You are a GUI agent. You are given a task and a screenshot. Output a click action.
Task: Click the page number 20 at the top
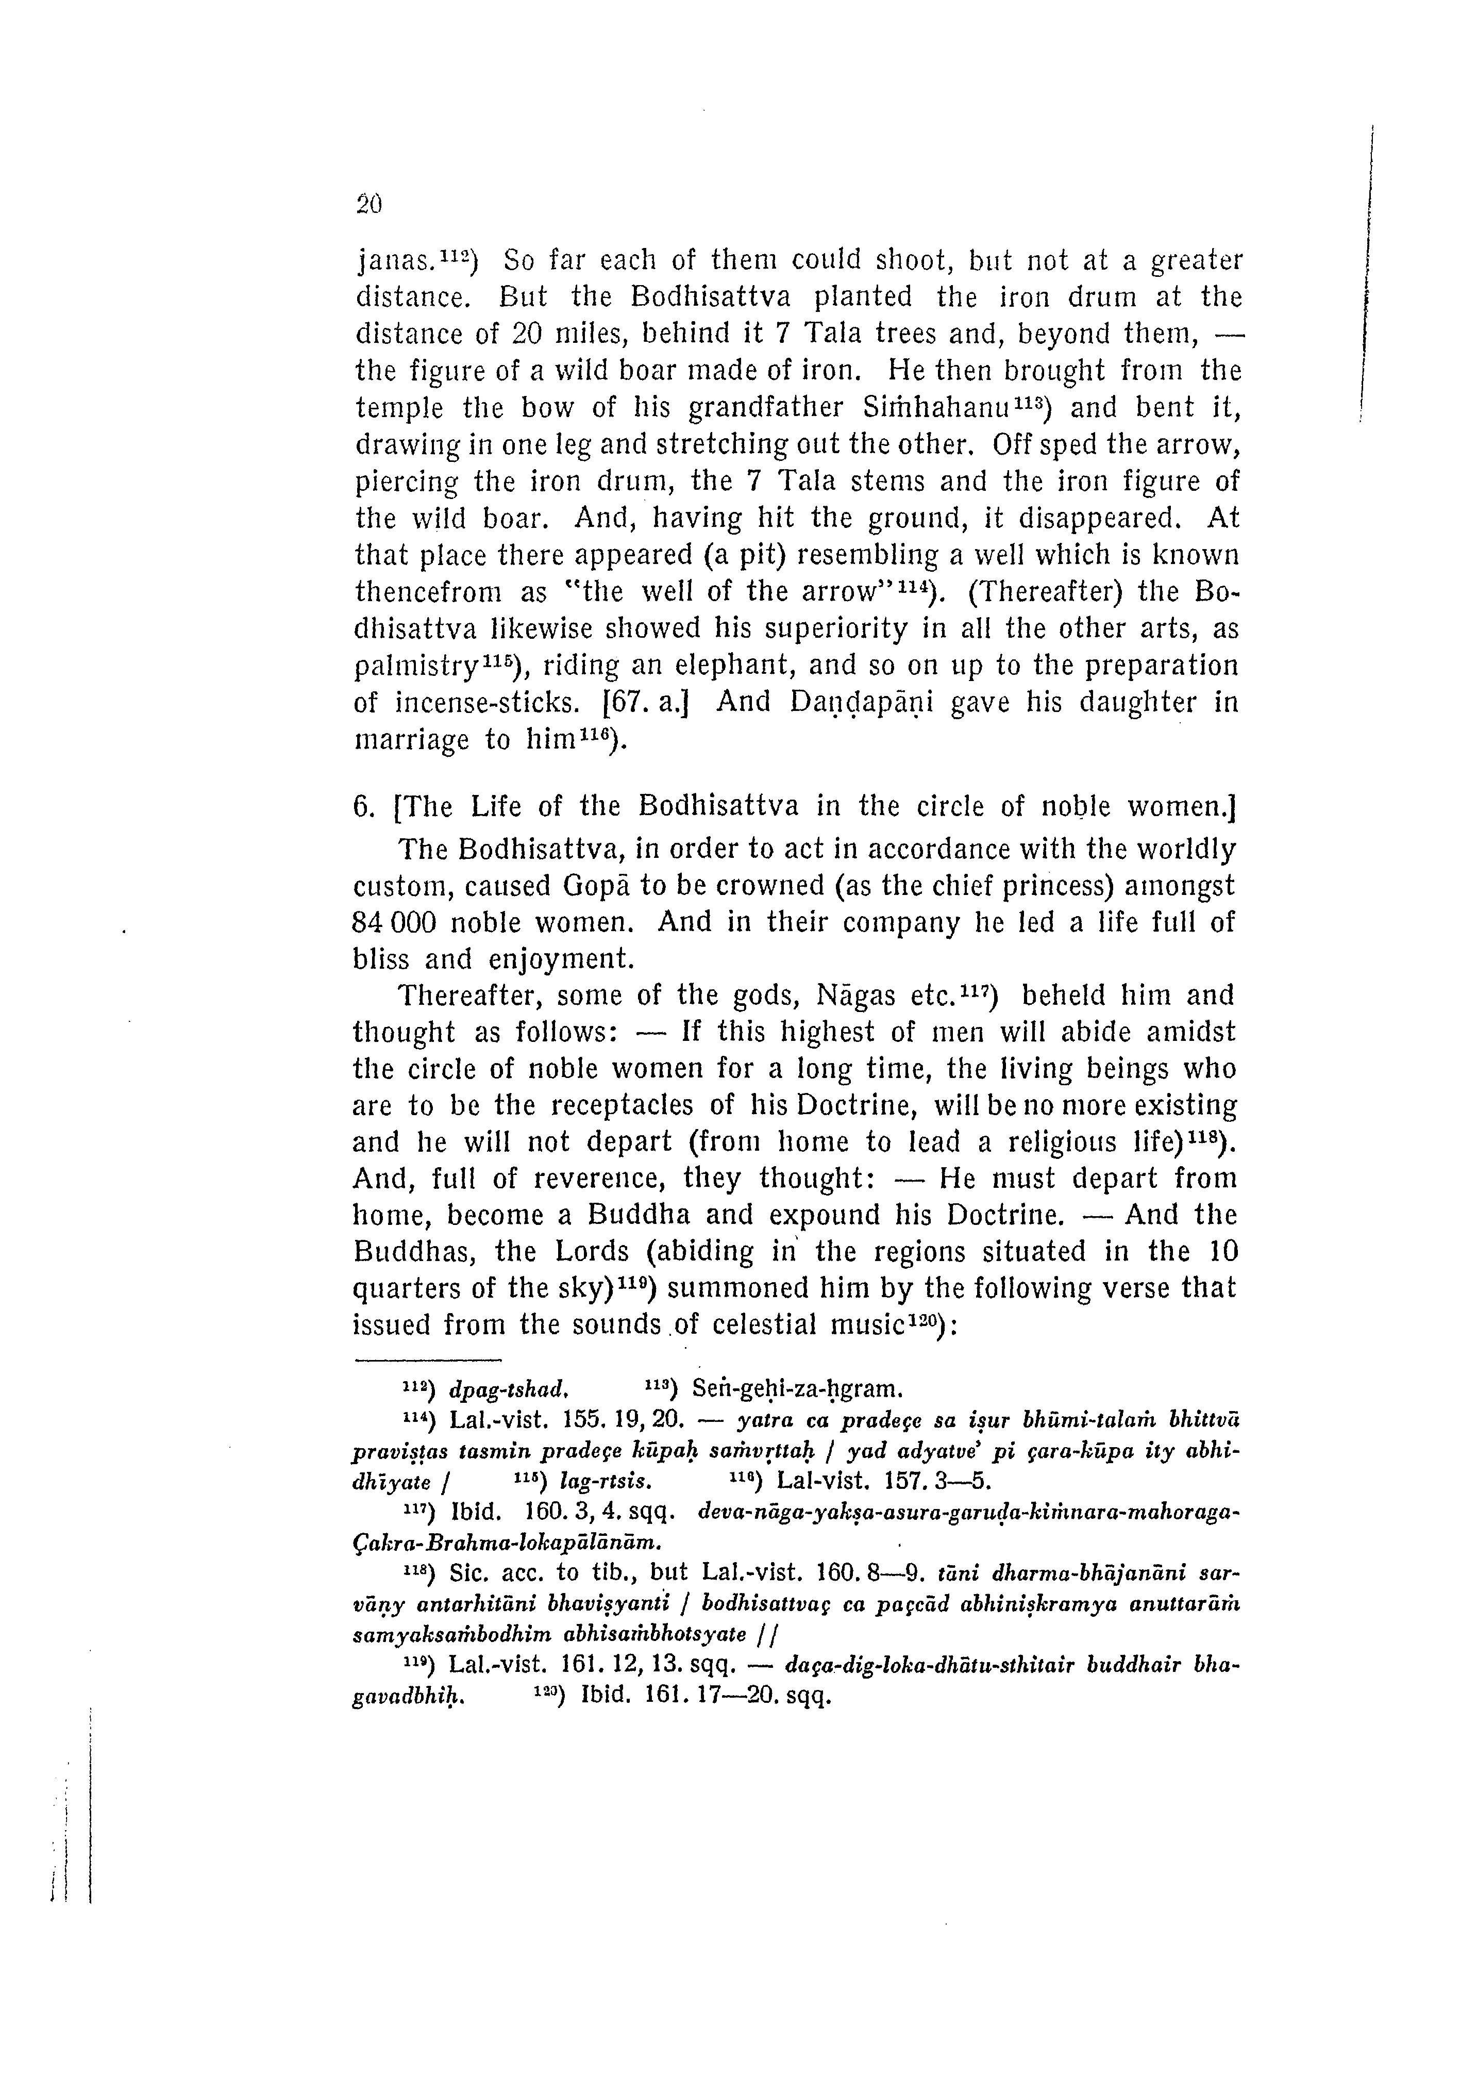[x=368, y=205]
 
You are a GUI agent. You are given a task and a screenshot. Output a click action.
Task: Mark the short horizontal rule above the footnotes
[x=427, y=1360]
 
